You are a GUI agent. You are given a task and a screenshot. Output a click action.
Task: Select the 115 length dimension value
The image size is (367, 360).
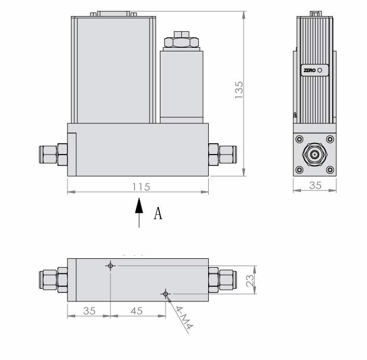pyautogui.click(x=138, y=186)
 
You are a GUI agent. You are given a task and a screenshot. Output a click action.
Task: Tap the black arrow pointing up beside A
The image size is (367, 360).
pyautogui.click(x=139, y=207)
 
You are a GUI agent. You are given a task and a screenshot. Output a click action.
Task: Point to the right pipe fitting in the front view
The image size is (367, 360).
pyautogui.click(x=222, y=154)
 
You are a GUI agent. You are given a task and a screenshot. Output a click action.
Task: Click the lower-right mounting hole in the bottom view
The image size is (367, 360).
pyautogui.click(x=166, y=295)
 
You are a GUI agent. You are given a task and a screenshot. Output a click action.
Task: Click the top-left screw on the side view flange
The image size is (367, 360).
pyautogui.click(x=300, y=139)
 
